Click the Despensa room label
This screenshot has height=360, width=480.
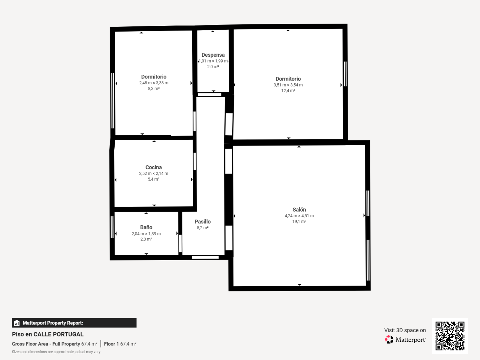tap(213, 55)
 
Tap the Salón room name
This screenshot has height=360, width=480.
tap(299, 209)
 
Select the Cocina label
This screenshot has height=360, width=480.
tap(154, 167)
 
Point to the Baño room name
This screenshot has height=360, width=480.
tap(146, 227)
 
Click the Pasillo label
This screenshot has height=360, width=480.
tap(203, 222)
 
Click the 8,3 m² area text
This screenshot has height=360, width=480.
tap(154, 89)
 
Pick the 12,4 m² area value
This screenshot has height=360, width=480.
tap(288, 90)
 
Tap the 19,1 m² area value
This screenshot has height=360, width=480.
tap(299, 221)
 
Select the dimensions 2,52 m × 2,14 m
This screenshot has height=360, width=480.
tap(154, 173)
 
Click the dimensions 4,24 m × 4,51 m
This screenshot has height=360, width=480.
tap(299, 216)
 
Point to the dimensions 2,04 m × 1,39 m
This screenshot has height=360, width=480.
tap(146, 234)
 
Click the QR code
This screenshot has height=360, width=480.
tap(450, 336)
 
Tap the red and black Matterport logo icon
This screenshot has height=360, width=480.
tap(389, 340)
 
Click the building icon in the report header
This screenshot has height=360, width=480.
tap(17, 323)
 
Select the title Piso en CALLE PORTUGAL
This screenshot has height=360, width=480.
tap(48, 334)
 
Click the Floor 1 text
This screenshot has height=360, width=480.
tap(111, 344)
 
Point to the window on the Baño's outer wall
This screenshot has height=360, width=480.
tap(112, 227)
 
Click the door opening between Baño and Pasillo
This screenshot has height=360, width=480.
tap(181, 244)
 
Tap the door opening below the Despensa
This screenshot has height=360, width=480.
tap(209, 95)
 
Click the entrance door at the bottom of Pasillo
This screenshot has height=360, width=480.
tap(205, 257)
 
